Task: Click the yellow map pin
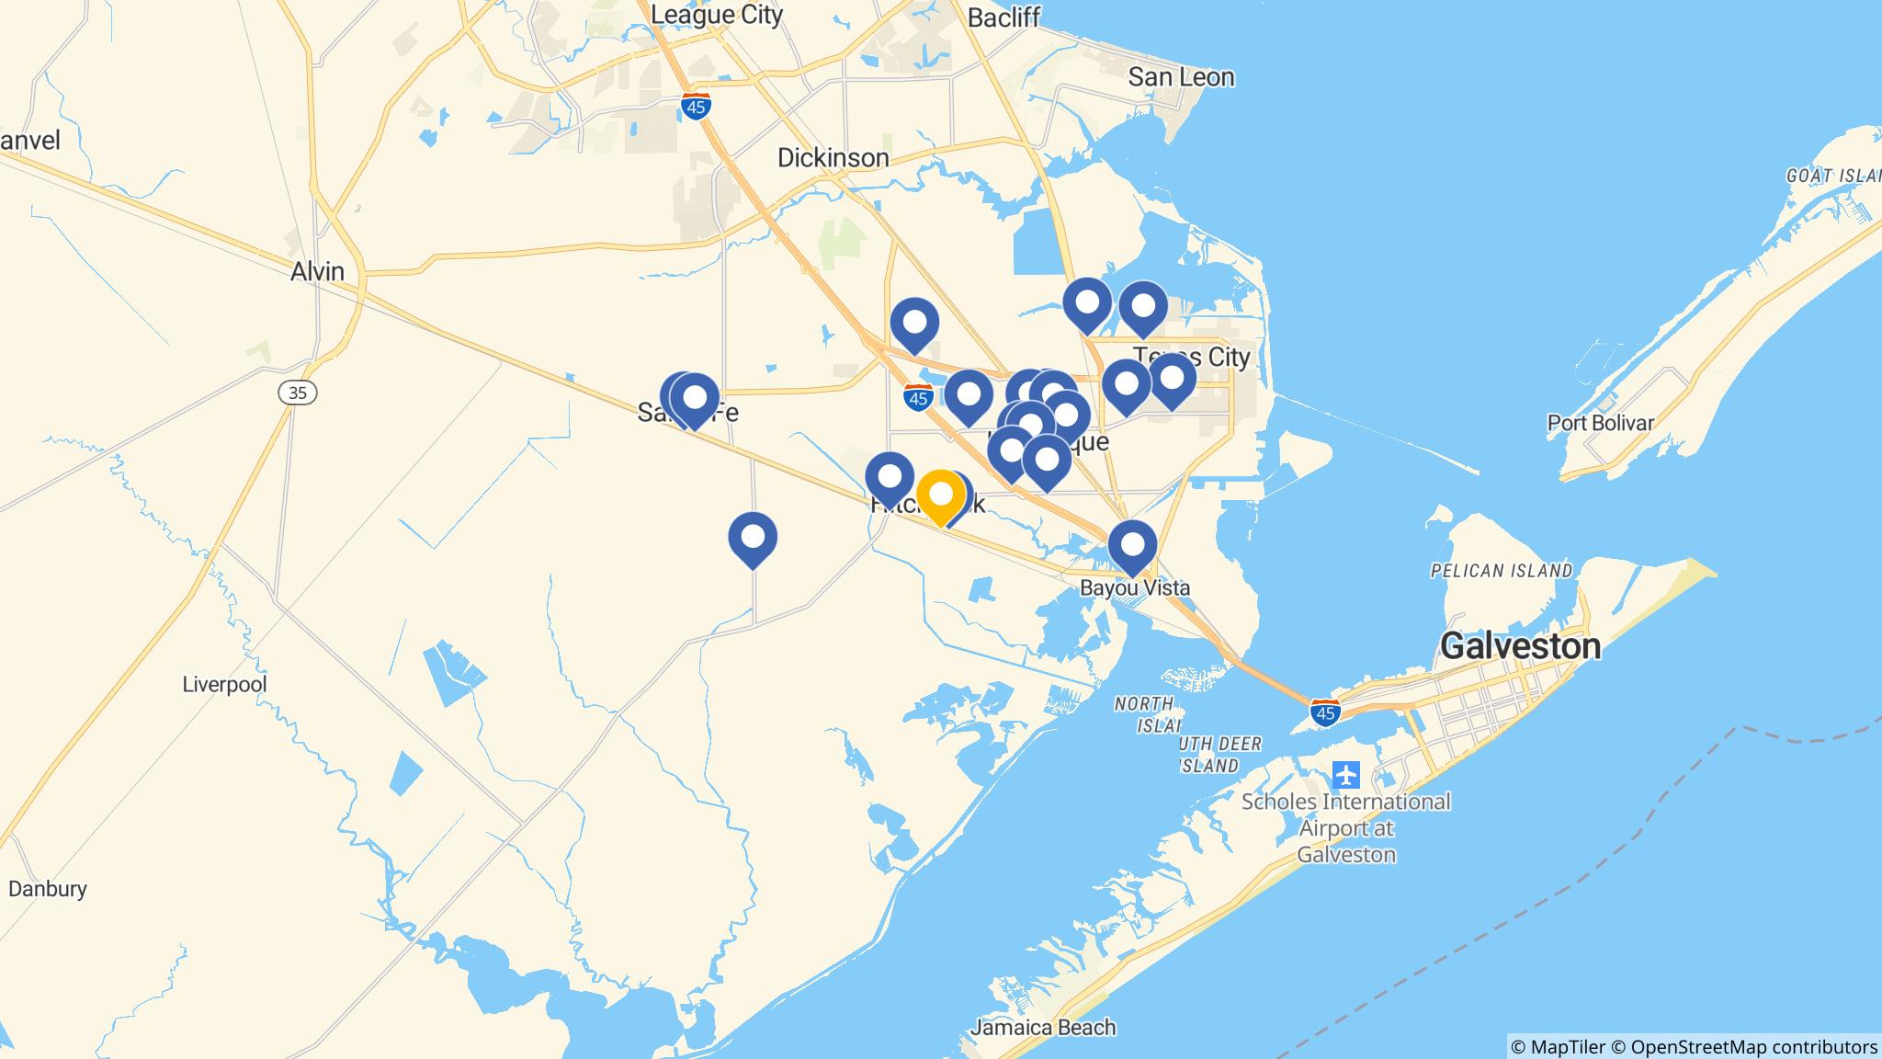pos(940,495)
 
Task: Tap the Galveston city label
pos(1520,646)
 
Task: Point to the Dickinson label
pos(833,158)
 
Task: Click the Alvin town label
pos(317,272)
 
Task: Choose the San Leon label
pos(1181,77)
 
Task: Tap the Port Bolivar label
pos(1600,423)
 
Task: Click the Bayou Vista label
pos(1134,587)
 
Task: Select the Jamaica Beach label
pos(1042,1027)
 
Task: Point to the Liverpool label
pos(224,685)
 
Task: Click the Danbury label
pos(48,889)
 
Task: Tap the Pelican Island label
pos(1502,571)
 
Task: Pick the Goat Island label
pos(1833,176)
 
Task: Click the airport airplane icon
pos(1346,775)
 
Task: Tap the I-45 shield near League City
pos(697,107)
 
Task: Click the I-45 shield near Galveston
pos(1324,712)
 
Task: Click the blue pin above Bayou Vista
pos(1132,545)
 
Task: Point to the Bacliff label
pos(1003,17)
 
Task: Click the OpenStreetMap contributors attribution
pos(1753,1047)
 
